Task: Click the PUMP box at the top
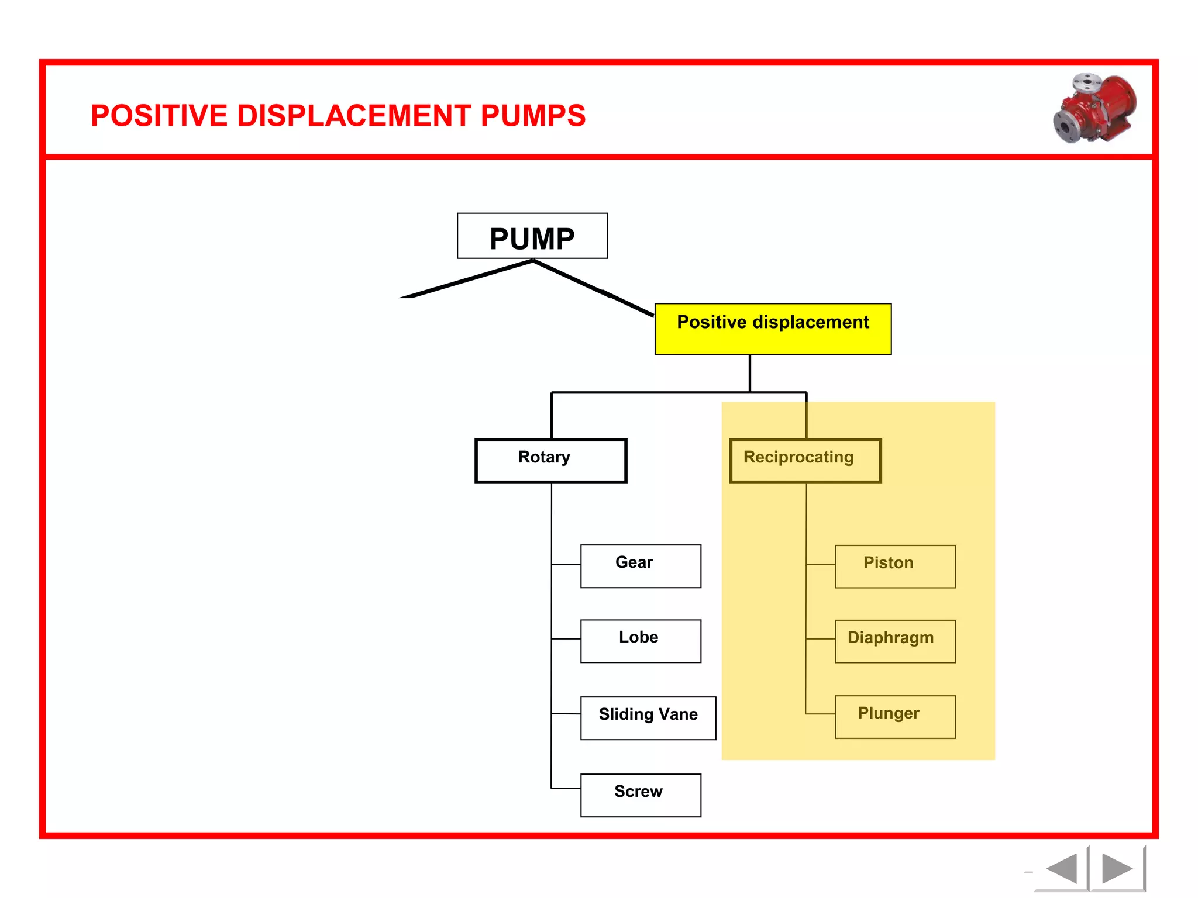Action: (532, 236)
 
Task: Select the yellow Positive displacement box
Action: (773, 329)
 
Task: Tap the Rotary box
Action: (550, 461)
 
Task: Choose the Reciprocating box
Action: (805, 461)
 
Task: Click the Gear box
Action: (641, 566)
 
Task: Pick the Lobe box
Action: (641, 641)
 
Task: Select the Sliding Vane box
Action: (648, 718)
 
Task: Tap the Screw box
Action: (641, 795)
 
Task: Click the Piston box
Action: (895, 566)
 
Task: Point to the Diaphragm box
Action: (895, 641)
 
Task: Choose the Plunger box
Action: (895, 717)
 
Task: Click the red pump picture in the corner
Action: (1095, 109)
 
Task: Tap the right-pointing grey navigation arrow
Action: (1116, 868)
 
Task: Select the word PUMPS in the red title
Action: (533, 116)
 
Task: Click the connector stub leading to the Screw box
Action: (566, 788)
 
